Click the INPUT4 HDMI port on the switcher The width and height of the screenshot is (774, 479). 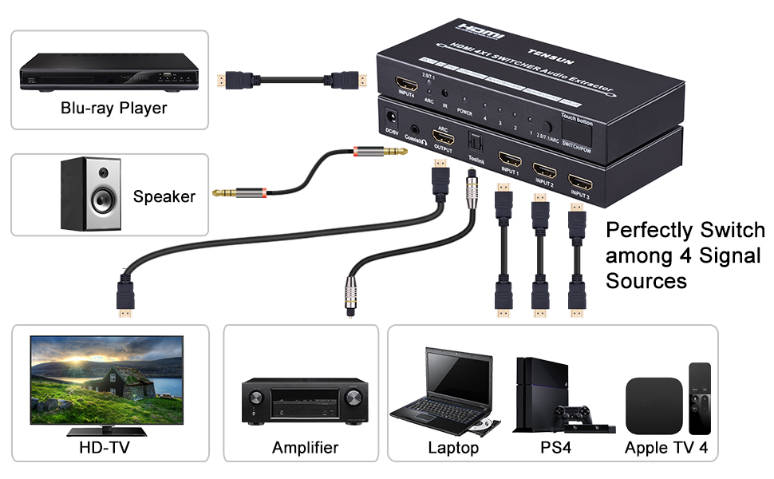click(x=408, y=84)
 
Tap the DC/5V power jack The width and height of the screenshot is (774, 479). click(x=392, y=115)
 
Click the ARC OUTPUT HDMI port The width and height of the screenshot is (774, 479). click(x=443, y=134)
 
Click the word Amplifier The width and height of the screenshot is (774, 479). click(x=305, y=448)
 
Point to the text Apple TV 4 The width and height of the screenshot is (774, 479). click(x=665, y=448)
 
